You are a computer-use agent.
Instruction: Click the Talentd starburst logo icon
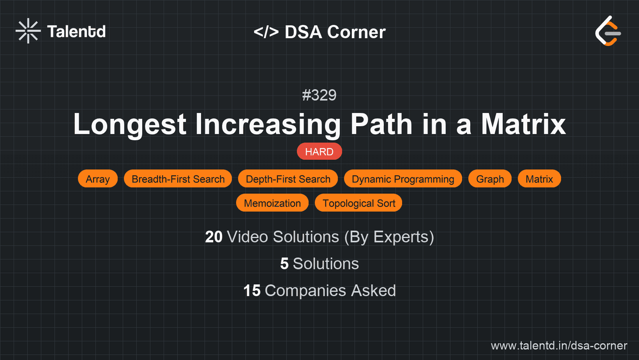click(x=28, y=31)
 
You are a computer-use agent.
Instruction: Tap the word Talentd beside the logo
click(x=76, y=32)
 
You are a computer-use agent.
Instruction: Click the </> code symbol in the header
click(x=266, y=32)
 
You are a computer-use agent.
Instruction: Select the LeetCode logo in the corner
click(x=608, y=31)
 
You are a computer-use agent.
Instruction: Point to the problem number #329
click(x=319, y=95)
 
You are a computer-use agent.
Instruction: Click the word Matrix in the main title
click(x=523, y=124)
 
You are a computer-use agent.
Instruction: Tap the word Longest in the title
click(x=130, y=124)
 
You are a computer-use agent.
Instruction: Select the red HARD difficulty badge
click(x=319, y=152)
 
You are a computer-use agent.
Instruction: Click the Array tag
click(x=98, y=179)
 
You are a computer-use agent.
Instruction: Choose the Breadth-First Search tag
click(x=178, y=179)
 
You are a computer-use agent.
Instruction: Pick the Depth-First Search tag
click(x=288, y=179)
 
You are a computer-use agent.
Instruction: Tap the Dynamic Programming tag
click(x=403, y=179)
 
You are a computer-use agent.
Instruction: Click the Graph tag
click(x=490, y=179)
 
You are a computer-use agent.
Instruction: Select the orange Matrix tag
click(x=539, y=179)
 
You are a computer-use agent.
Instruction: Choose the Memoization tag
click(x=272, y=203)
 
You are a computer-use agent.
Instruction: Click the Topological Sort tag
click(x=358, y=203)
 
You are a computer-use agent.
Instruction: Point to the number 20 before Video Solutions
click(x=214, y=237)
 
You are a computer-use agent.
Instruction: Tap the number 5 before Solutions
click(x=284, y=264)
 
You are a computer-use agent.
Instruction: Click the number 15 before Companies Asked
click(x=252, y=291)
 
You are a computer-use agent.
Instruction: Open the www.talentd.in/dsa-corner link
click(x=559, y=346)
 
